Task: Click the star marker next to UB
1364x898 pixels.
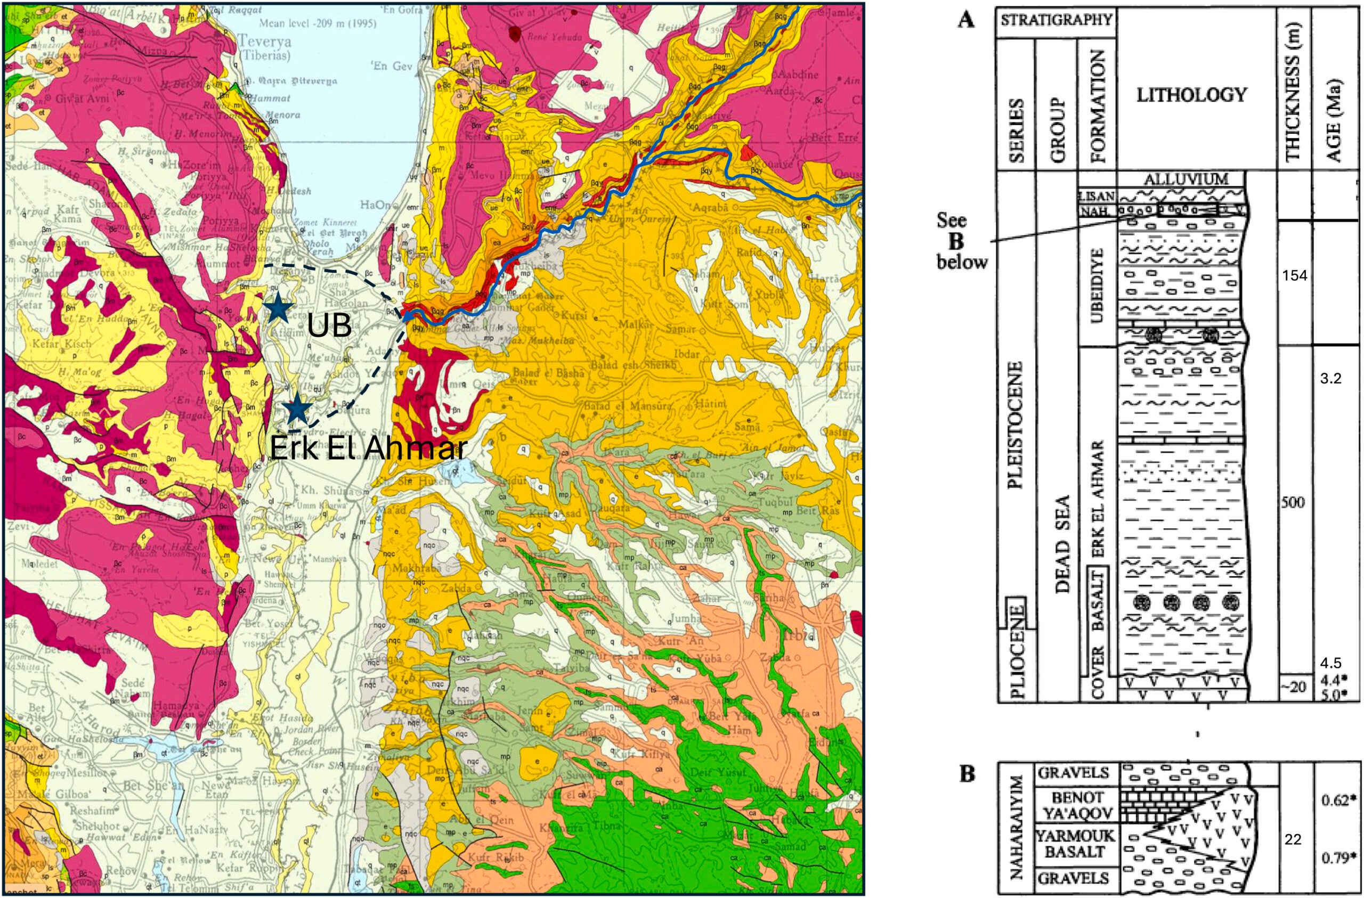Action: pyautogui.click(x=280, y=307)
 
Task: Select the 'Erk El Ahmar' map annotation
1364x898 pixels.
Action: pyautogui.click(x=366, y=450)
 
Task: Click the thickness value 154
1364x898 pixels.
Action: pyautogui.click(x=1294, y=276)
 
